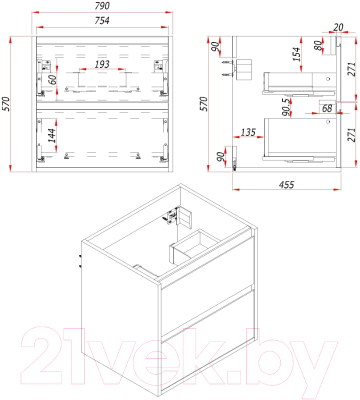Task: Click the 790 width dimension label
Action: (x=102, y=6)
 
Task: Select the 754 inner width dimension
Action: (x=102, y=20)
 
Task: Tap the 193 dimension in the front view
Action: (x=102, y=64)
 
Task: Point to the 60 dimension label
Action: (x=52, y=80)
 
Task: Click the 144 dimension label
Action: (x=52, y=135)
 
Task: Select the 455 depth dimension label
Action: (x=286, y=184)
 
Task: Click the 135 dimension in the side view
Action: (x=248, y=132)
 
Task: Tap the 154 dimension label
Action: (x=296, y=54)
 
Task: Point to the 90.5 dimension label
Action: (x=285, y=106)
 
